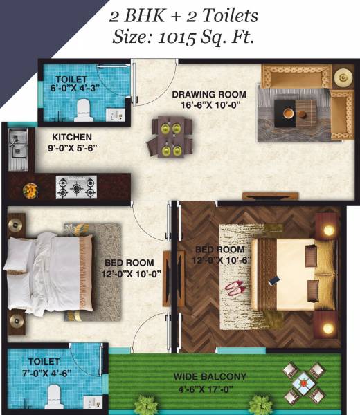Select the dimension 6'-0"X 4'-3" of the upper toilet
point(73,88)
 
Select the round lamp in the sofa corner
point(341,77)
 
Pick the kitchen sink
point(17,147)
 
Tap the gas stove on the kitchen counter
point(76,187)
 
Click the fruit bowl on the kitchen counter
point(30,189)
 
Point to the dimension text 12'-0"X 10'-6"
point(220,259)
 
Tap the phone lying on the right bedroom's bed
point(274,282)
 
